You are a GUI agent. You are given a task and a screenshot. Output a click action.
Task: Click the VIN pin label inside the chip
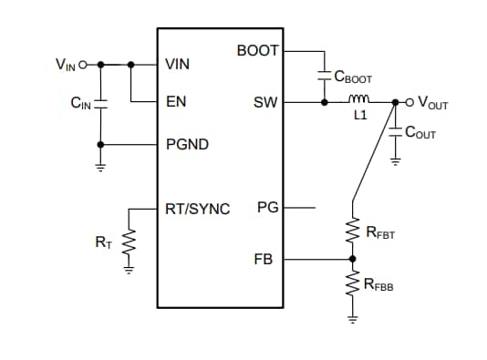click(x=177, y=65)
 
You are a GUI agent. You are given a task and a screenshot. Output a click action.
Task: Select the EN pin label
click(x=175, y=102)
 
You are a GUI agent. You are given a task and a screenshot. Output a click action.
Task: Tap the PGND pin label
click(x=186, y=144)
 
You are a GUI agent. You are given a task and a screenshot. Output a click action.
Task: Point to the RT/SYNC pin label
click(x=197, y=208)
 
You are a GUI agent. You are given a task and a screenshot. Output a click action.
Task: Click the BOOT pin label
click(x=258, y=50)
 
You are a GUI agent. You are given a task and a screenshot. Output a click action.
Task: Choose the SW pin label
click(x=265, y=103)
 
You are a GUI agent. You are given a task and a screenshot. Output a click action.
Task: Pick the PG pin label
click(x=267, y=208)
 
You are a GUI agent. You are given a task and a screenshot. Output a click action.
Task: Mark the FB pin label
click(x=264, y=260)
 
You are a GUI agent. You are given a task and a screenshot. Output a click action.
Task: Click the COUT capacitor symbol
click(x=395, y=132)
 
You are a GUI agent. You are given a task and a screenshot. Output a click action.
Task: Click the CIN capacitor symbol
click(x=100, y=104)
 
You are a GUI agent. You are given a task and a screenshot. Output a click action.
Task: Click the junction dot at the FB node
click(x=351, y=260)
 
